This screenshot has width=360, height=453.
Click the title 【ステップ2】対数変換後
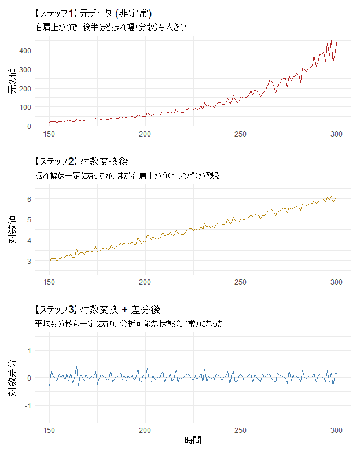pyautogui.click(x=84, y=161)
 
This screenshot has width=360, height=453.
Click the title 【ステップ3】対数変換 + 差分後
pyautogui.click(x=100, y=310)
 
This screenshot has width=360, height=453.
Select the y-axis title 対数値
pyautogui.click(x=13, y=229)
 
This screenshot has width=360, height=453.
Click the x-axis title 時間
pyautogui.click(x=193, y=440)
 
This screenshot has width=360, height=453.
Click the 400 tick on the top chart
pyautogui.click(x=24, y=50)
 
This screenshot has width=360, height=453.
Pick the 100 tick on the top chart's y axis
pyautogui.click(x=24, y=107)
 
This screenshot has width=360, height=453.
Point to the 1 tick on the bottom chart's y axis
pyautogui.click(x=28, y=349)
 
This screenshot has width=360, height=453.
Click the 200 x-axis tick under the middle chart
pyautogui.click(x=145, y=282)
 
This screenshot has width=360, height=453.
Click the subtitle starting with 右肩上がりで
pyautogui.click(x=111, y=27)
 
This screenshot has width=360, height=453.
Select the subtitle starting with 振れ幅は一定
pyautogui.click(x=127, y=175)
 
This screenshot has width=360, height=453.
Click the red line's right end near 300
pyautogui.click(x=337, y=40)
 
